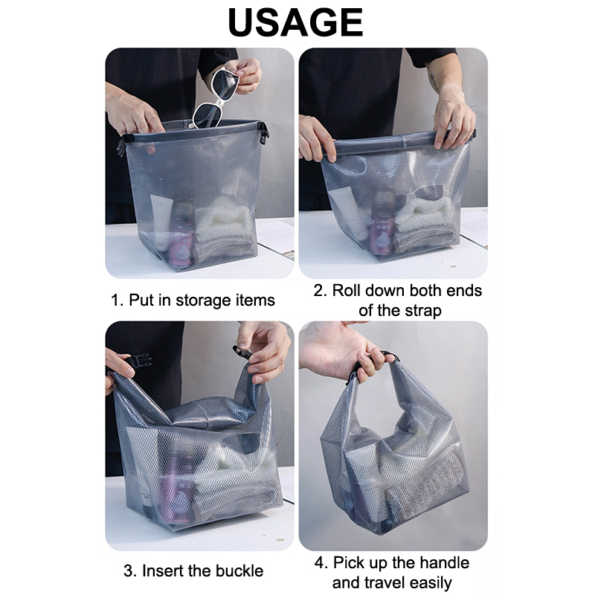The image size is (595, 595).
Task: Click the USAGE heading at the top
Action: click(x=295, y=22)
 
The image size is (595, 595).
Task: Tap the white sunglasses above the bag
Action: click(x=214, y=99)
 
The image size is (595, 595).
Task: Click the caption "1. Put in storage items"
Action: click(x=193, y=300)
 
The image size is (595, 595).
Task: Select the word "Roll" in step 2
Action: click(x=346, y=291)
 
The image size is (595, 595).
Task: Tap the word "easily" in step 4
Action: click(x=431, y=583)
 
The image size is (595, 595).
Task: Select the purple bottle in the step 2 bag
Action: click(x=382, y=228)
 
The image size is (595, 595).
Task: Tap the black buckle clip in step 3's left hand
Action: click(x=138, y=361)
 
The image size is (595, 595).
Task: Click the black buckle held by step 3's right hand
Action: click(x=242, y=352)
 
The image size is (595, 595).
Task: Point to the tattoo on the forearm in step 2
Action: click(x=434, y=83)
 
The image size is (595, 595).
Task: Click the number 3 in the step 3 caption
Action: click(x=128, y=570)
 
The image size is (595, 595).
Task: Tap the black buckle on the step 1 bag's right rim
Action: click(x=263, y=133)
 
